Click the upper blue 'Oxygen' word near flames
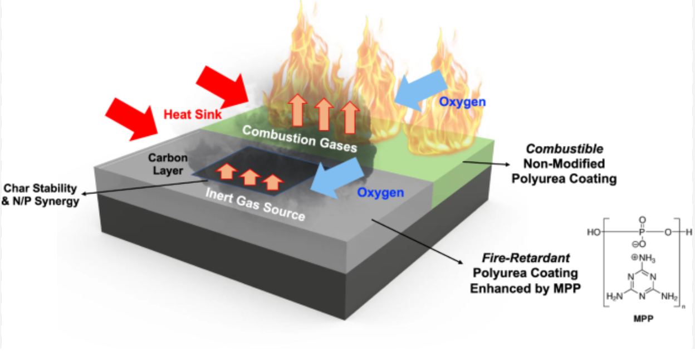(x=462, y=102)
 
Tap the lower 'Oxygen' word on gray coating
(x=380, y=193)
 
